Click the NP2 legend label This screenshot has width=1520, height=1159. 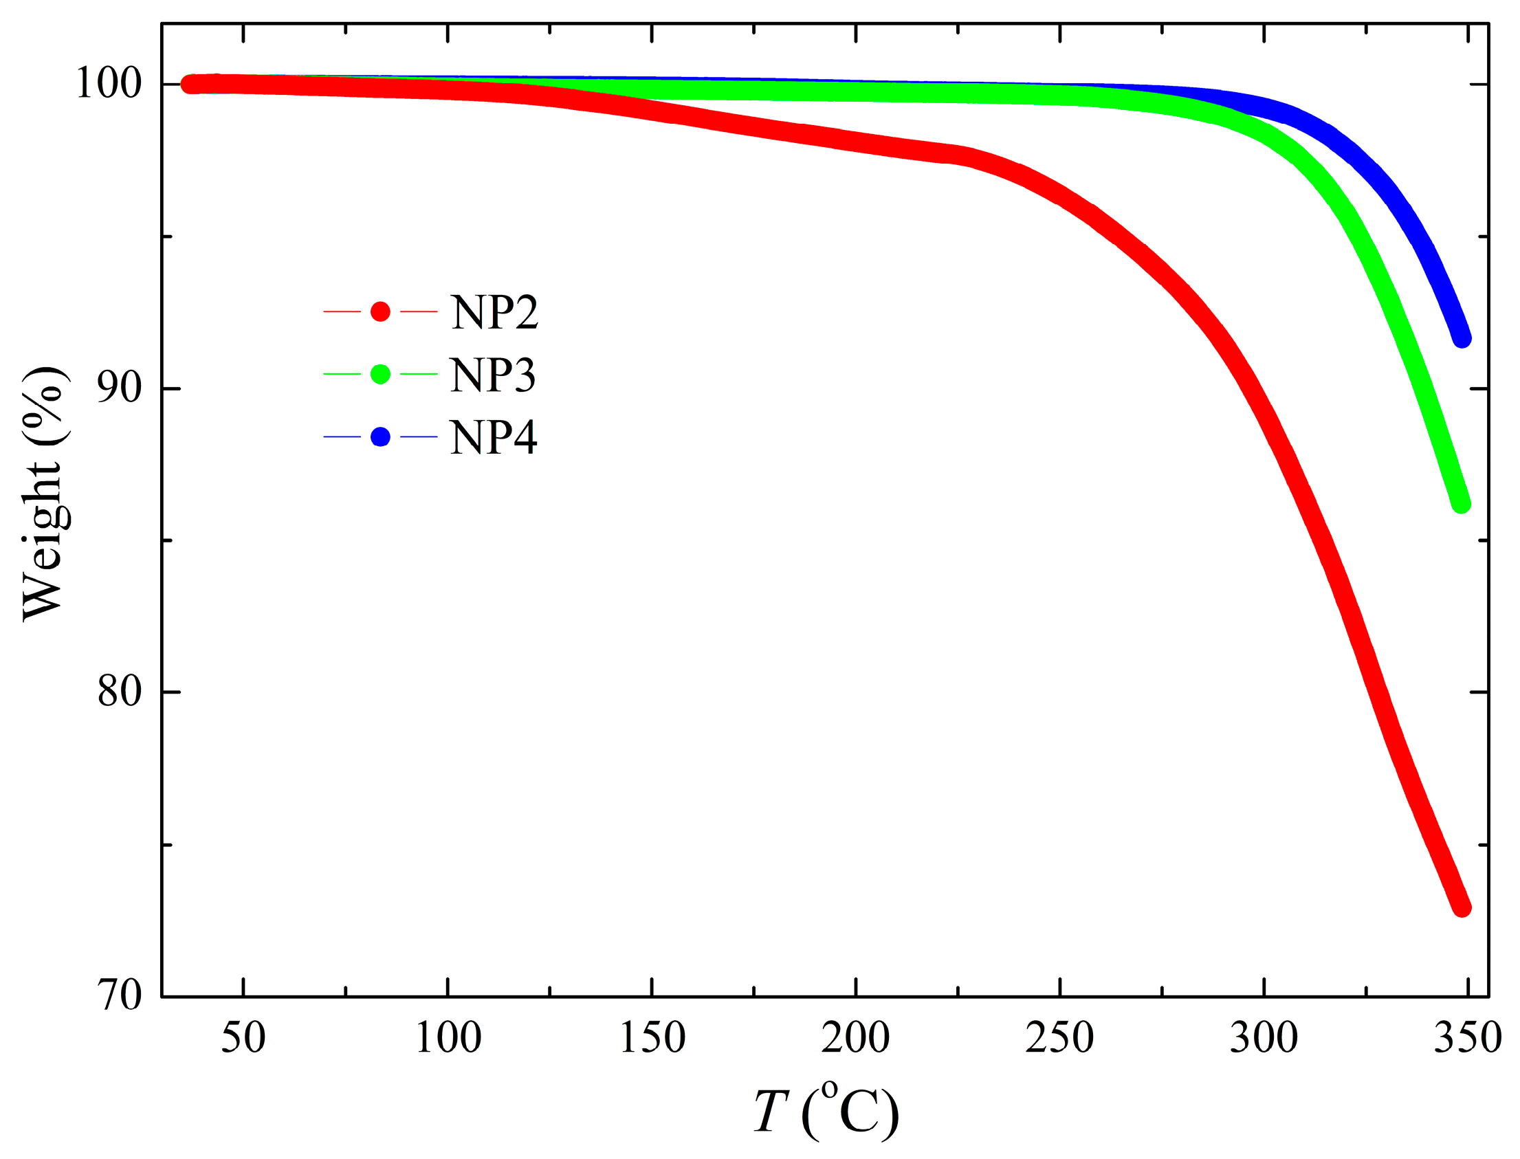pos(494,313)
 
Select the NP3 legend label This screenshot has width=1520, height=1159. pos(493,375)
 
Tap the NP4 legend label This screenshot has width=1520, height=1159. pos(494,437)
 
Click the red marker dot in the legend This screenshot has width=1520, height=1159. pos(380,312)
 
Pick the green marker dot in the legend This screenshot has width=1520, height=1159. pos(380,374)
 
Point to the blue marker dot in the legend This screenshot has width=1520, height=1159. pos(380,437)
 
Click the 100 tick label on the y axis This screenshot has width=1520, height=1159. pos(109,84)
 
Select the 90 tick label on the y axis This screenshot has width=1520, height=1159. pos(119,388)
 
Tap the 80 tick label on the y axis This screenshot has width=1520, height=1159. pos(119,691)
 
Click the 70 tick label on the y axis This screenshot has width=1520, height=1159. pos(119,995)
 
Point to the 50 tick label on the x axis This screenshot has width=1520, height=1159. pos(243,1037)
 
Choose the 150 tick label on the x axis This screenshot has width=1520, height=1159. pos(652,1037)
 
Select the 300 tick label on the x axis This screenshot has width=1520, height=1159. pos(1264,1037)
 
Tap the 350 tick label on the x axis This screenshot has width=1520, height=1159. pos(1468,1037)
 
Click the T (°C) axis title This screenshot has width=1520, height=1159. pos(826,1111)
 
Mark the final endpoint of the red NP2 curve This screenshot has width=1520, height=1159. pos(1462,908)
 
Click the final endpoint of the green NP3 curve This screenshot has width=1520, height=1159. pos(1461,505)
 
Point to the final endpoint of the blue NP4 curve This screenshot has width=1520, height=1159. pos(1462,339)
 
